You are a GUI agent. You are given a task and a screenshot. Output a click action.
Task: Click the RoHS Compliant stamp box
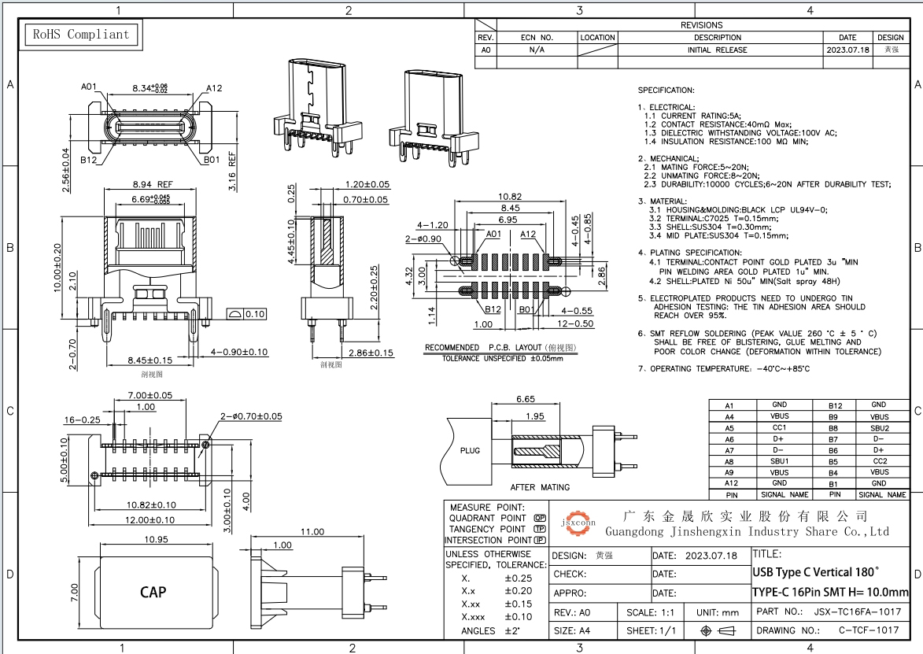81,35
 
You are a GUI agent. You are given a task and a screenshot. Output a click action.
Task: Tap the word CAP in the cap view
153,592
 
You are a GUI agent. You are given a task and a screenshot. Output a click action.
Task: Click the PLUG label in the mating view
470,450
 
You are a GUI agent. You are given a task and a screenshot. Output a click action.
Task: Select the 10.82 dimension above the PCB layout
510,197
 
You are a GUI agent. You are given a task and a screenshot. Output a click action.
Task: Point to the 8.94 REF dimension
153,184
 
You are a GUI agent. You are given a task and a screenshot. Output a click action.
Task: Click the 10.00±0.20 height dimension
57,268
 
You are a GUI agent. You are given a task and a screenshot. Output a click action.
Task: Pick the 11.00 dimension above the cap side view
312,531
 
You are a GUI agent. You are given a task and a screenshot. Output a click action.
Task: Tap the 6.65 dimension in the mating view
525,398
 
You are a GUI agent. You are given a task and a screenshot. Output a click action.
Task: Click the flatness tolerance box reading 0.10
246,314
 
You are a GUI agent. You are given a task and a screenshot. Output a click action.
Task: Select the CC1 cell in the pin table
779,428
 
